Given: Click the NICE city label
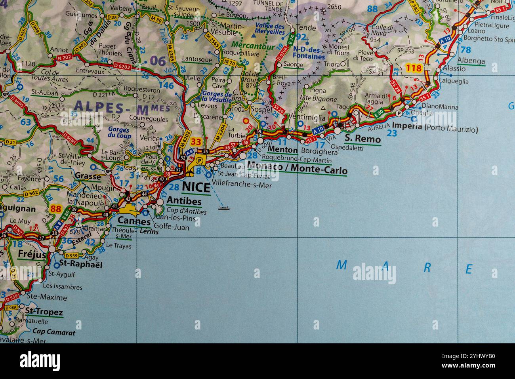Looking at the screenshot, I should pyautogui.click(x=196, y=187).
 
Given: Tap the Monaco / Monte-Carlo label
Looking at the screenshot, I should pyautogui.click(x=297, y=168).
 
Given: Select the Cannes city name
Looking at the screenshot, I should pyautogui.click(x=134, y=221).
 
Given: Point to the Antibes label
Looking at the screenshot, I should pyautogui.click(x=184, y=201).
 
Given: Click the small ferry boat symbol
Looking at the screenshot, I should pyautogui.click(x=224, y=207).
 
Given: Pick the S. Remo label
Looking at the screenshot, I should pyautogui.click(x=362, y=139).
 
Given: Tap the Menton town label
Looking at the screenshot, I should pyautogui.click(x=282, y=150).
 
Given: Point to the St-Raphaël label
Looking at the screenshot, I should pyautogui.click(x=81, y=264).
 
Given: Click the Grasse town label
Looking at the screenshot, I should pyautogui.click(x=88, y=175).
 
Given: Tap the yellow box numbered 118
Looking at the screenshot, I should pyautogui.click(x=414, y=68).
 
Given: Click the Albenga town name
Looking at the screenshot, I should pyautogui.click(x=471, y=61).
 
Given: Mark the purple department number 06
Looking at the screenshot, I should pyautogui.click(x=158, y=61).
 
